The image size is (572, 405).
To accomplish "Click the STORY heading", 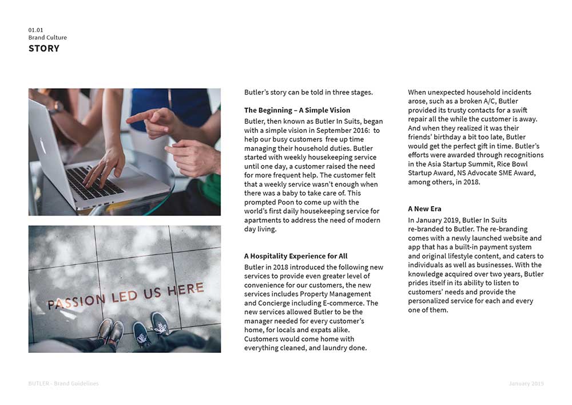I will point(44,49).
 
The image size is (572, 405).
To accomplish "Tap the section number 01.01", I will point(35,30).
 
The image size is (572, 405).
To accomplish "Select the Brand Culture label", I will point(47,38).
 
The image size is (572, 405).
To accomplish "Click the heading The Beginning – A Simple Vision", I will point(297,110).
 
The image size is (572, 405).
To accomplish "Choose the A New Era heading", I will point(424,209).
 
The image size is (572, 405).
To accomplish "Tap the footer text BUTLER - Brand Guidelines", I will point(63,383).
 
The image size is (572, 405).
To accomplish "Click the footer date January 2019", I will point(526,383).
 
